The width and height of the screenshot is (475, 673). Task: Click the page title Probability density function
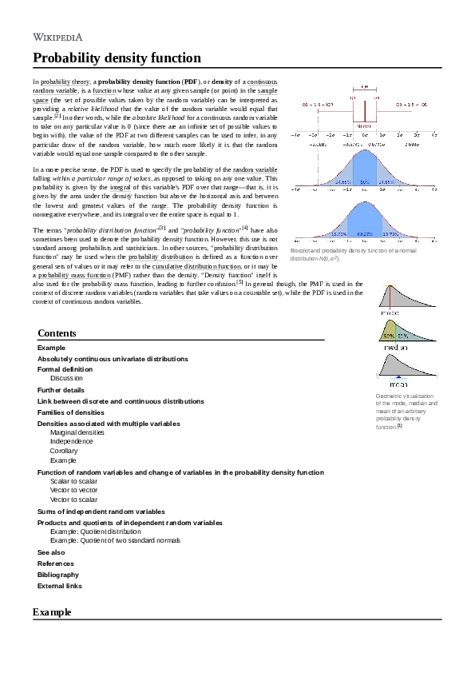(x=117, y=58)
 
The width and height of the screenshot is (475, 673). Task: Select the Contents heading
(x=57, y=333)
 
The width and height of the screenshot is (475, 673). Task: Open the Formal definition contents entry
(x=65, y=370)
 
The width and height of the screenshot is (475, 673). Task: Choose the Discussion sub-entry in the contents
(x=66, y=378)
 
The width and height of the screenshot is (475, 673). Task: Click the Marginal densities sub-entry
(x=77, y=432)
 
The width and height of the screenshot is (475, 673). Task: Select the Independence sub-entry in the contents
(x=70, y=441)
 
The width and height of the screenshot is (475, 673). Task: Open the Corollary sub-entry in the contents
(x=64, y=451)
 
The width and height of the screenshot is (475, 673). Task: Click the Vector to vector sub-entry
(x=73, y=490)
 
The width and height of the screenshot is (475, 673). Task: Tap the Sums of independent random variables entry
(x=101, y=511)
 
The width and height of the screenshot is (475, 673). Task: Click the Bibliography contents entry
(x=58, y=575)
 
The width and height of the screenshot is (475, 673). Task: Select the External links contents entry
(x=60, y=586)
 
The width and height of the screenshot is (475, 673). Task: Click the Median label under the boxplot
(x=364, y=126)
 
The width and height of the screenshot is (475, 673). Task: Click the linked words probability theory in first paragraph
(x=65, y=82)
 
